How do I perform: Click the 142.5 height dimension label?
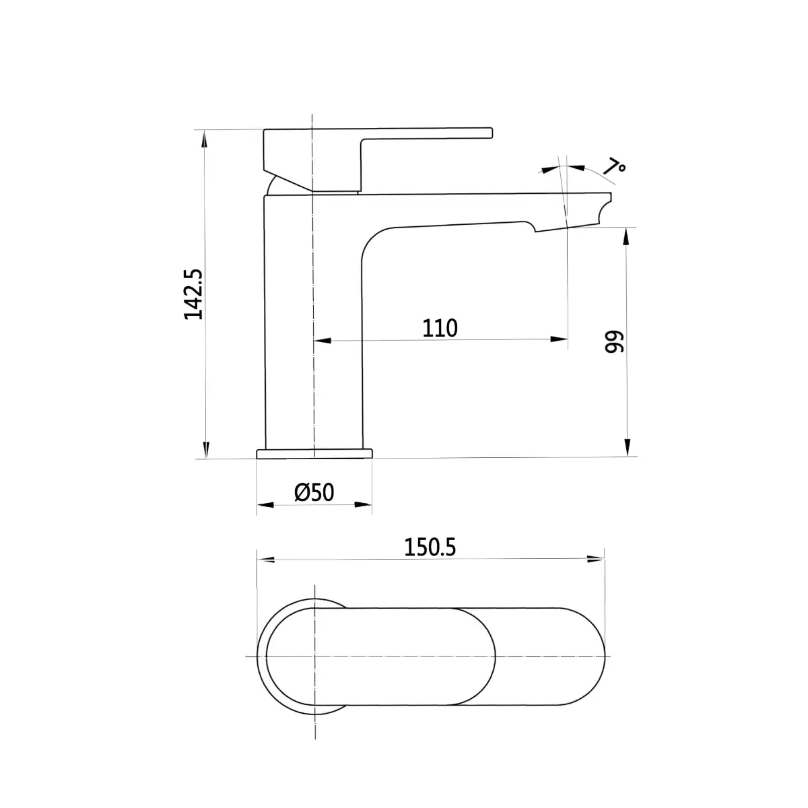[x=193, y=294]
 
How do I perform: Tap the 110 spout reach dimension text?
[x=440, y=329]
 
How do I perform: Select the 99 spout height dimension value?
[x=614, y=342]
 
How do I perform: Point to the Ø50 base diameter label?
[x=314, y=492]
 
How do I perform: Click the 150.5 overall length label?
[x=430, y=547]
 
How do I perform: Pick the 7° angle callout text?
[x=614, y=166]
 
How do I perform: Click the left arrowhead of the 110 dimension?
[x=323, y=341]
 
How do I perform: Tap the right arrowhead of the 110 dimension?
[x=559, y=339]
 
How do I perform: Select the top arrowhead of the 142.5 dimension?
[x=204, y=139]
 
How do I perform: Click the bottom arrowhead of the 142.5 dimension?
[x=205, y=450]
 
